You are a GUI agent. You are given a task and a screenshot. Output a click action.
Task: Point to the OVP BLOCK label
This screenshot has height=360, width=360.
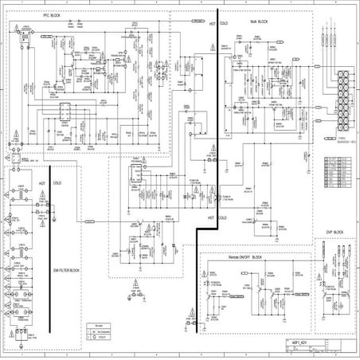334,232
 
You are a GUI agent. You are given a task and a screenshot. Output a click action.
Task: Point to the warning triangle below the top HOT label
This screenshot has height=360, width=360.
212,49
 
